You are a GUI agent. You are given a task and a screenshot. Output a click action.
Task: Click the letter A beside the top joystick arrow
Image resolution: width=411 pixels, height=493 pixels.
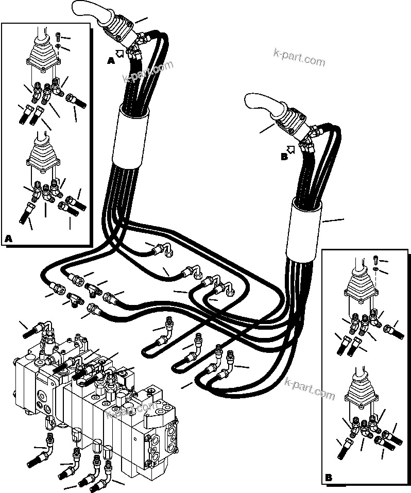pos(111,61)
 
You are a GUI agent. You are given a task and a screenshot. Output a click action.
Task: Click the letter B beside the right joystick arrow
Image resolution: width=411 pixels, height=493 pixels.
pos(284,157)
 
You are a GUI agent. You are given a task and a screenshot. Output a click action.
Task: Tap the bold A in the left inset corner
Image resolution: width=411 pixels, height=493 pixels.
pos(8,239)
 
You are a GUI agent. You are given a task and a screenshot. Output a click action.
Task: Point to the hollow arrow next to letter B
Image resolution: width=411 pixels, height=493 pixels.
pos(292,150)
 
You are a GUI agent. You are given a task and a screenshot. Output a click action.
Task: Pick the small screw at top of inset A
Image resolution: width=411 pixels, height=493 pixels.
pos(57,37)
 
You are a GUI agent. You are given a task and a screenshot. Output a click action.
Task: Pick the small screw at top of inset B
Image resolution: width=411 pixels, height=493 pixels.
pos(375,259)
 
